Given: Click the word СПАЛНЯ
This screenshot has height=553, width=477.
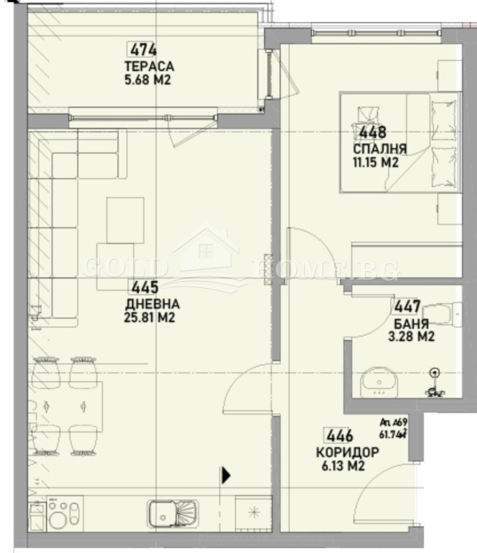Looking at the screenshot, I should [380, 149].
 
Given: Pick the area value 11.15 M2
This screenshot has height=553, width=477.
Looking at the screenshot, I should [375, 162].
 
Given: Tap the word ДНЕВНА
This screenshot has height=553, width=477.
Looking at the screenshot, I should [152, 305].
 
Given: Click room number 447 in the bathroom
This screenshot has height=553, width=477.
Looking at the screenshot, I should [407, 308].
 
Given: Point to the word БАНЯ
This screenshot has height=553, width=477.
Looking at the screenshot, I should [411, 324].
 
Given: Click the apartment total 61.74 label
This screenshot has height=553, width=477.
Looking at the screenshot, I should [393, 432].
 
